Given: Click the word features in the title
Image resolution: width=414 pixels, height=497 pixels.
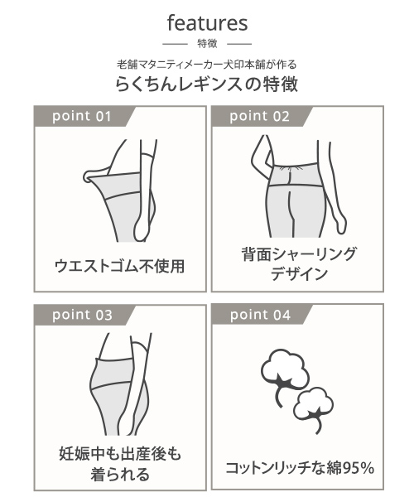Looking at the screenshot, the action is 207,23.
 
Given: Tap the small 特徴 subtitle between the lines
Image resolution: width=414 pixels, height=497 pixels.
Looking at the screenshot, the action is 207,43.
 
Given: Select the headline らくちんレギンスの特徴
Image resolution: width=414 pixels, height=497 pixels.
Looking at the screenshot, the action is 206,84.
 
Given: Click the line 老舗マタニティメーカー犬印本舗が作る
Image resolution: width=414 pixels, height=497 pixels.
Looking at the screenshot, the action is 207,65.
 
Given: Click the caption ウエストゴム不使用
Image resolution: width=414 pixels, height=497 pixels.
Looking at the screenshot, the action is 119,266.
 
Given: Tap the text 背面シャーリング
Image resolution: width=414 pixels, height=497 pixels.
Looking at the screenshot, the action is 299,254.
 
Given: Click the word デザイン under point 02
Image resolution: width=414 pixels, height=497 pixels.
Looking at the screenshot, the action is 299,273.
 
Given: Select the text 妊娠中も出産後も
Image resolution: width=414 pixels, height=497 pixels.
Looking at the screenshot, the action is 120,454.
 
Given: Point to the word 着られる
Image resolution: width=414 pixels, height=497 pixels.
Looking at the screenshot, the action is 120,474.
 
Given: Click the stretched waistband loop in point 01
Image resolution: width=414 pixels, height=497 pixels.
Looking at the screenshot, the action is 90,176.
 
